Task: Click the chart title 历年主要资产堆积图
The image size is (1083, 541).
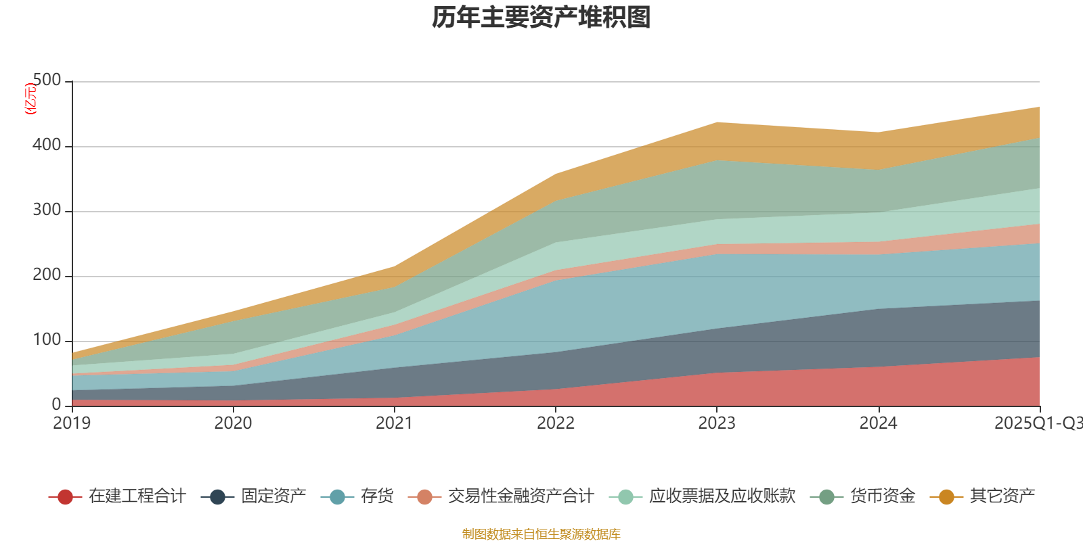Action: point(541,18)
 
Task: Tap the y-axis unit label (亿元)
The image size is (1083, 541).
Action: point(30,99)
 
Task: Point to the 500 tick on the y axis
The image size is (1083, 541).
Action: point(47,80)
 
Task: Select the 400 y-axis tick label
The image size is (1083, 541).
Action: point(47,145)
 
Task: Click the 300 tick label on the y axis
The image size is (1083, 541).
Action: point(47,210)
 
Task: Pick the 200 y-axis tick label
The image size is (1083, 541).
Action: point(47,275)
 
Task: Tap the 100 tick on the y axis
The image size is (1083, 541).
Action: point(47,340)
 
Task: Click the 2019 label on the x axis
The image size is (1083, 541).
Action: point(72,423)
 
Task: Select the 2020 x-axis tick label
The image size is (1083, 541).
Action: point(233,423)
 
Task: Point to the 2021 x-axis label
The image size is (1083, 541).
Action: point(394,423)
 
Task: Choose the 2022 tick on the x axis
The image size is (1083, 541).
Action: point(555,423)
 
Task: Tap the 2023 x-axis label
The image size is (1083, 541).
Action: point(717,423)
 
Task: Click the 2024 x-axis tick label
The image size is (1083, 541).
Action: point(878,423)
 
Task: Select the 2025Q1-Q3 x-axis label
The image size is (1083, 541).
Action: point(1038,423)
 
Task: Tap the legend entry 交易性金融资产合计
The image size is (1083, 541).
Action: point(520,496)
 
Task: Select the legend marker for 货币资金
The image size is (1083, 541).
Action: point(826,497)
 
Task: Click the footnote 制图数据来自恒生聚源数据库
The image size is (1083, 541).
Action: point(541,534)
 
